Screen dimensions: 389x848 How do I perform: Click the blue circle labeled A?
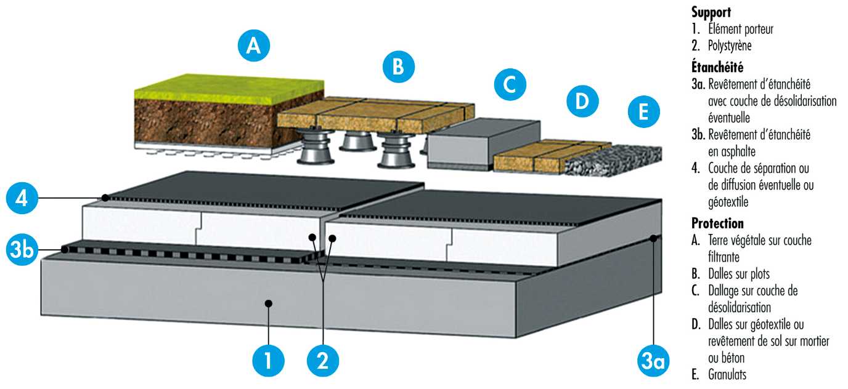pos(253,47)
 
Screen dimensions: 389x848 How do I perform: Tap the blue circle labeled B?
pos(399,66)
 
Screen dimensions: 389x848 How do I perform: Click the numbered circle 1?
pos(267,361)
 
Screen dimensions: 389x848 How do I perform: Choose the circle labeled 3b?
pos(22,251)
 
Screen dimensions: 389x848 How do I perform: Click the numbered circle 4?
pos(22,199)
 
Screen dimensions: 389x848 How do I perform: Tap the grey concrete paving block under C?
pos(484,141)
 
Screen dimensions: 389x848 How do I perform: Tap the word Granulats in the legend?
pos(727,373)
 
